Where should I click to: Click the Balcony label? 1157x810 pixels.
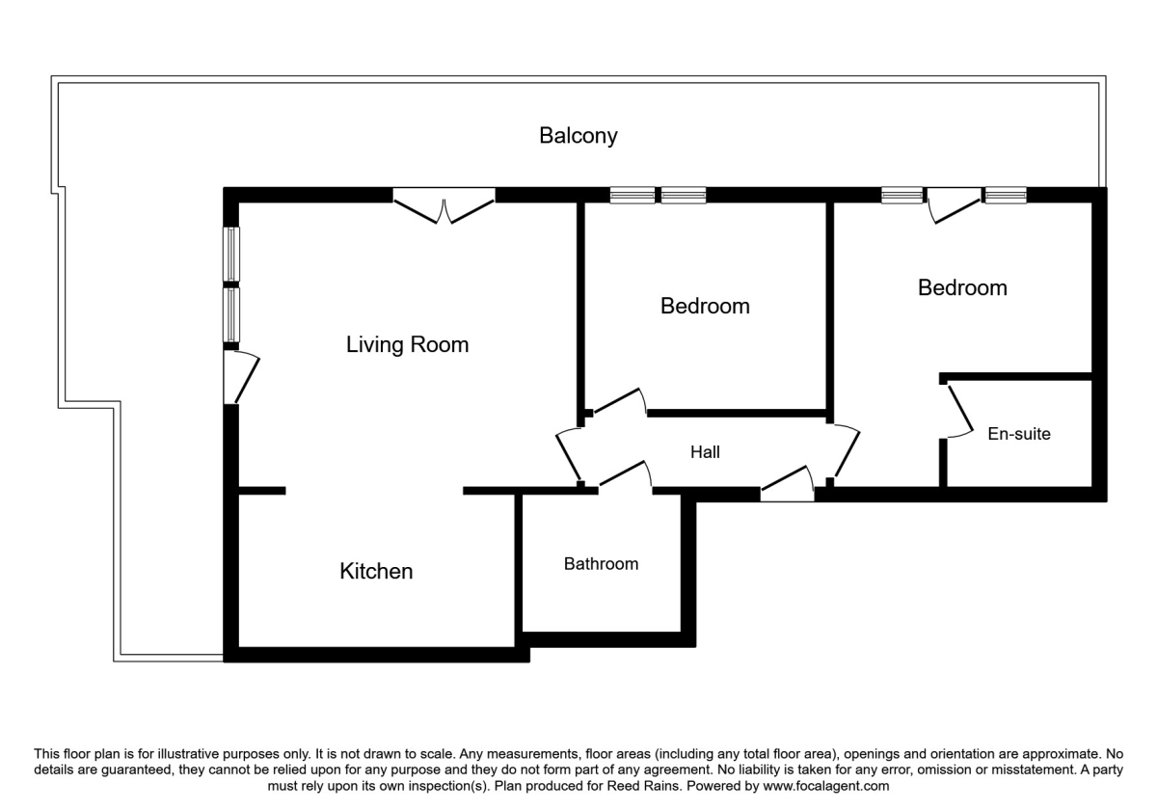pos(578,136)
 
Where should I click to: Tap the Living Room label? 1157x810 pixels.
pos(407,344)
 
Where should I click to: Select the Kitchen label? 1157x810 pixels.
pos(376,571)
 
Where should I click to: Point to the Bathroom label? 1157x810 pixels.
pos(601,563)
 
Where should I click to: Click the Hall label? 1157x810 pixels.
pos(705,452)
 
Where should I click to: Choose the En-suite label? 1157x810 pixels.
pos(1018,433)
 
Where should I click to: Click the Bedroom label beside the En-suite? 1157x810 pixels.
pos(962,287)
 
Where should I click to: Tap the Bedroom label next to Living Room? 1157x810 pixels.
pos(705,306)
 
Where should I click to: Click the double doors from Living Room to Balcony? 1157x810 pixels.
pos(444,205)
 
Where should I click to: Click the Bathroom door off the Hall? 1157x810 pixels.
pos(625,473)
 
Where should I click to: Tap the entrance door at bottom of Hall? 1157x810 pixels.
pos(787,484)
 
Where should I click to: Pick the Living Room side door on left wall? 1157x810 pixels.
pos(241,377)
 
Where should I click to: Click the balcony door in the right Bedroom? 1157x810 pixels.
pos(954,205)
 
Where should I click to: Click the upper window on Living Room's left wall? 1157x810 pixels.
pos(231,255)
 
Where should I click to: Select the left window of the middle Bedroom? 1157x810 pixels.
pos(632,195)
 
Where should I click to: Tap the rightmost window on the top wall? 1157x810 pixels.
pos(1005,195)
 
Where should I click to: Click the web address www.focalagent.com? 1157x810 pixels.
pos(826,786)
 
